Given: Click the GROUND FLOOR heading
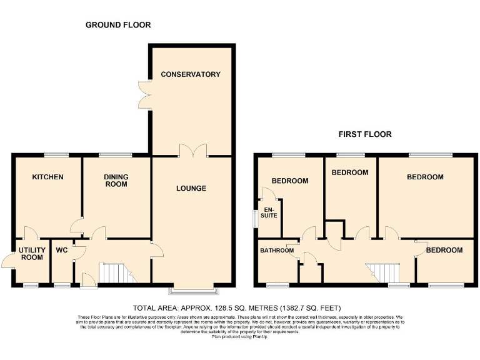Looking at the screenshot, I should pyautogui.click(x=118, y=25).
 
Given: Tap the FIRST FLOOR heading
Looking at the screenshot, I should pyautogui.click(x=365, y=134).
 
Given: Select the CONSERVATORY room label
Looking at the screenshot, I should pyautogui.click(x=191, y=74).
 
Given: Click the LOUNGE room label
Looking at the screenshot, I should pyautogui.click(x=191, y=189).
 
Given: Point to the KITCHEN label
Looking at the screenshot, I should pyautogui.click(x=48, y=177).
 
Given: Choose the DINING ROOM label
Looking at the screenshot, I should pyautogui.click(x=116, y=181).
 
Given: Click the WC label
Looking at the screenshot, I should pyautogui.click(x=62, y=250).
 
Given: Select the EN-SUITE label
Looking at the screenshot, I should pyautogui.click(x=270, y=212).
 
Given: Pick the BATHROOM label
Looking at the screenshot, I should pyautogui.click(x=277, y=251).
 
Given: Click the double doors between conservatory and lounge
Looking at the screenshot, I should pyautogui.click(x=191, y=151).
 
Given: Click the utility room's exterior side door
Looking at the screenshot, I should pyautogui.click(x=7, y=259).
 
